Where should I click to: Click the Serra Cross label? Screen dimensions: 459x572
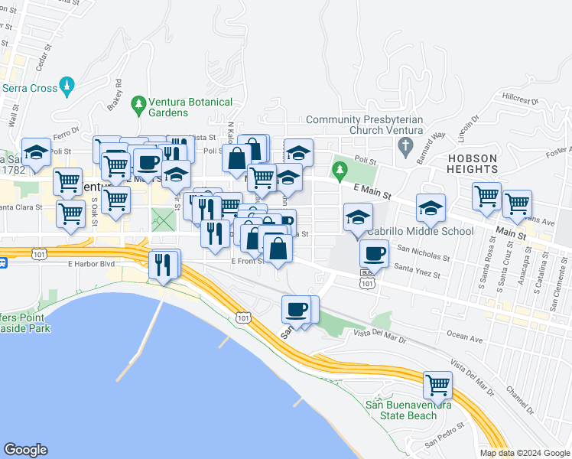pyautogui.click(x=30, y=88)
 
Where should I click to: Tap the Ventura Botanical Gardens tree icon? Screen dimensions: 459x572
pyautogui.click(x=138, y=103)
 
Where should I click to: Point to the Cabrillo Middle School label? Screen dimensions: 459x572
pyautogui.click(x=421, y=231)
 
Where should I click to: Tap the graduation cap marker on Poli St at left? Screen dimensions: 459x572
pyautogui.click(x=36, y=152)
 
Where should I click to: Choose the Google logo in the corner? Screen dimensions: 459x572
pyautogui.click(x=25, y=450)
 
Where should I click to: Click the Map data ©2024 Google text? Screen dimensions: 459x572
pyautogui.click(x=525, y=453)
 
